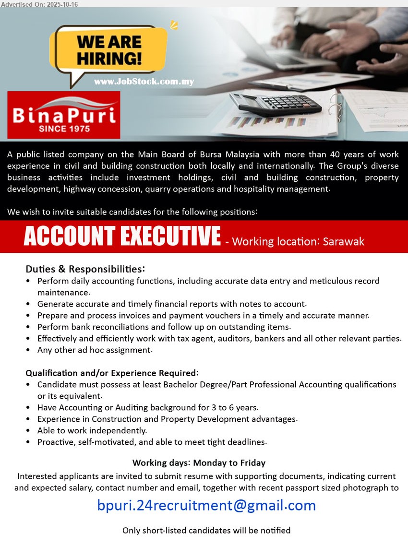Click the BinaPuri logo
(64, 115)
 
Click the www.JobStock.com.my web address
(144, 82)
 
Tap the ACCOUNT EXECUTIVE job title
(122, 236)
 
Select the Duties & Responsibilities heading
(85, 269)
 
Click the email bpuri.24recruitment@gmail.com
(206, 505)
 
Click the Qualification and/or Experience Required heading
(112, 373)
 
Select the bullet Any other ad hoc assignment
(95, 350)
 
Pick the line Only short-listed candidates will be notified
(206, 530)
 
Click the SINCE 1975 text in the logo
(64, 129)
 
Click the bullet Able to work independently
(92, 431)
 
